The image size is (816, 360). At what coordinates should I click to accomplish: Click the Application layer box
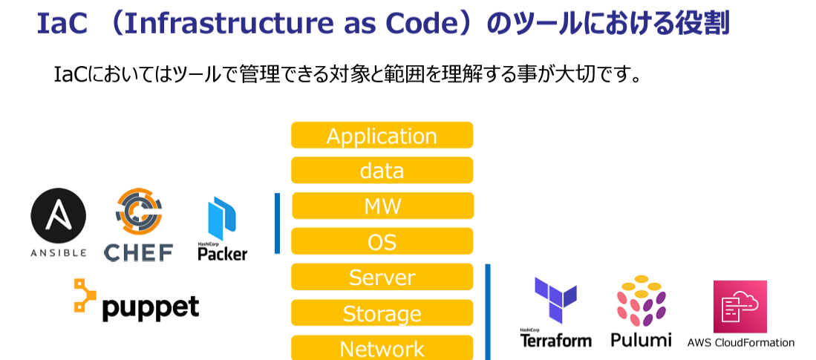382,135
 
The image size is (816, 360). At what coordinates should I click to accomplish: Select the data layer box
382,170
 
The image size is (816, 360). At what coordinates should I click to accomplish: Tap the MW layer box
382,206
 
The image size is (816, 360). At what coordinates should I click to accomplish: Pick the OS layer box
382,241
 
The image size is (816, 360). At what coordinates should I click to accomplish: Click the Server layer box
382,277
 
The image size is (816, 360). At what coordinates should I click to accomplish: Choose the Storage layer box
382,312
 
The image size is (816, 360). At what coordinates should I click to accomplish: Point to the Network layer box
382,347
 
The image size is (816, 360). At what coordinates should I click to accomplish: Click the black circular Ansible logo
58,215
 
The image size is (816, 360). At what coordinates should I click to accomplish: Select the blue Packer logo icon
222,218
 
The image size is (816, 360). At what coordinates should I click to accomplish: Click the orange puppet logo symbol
85,295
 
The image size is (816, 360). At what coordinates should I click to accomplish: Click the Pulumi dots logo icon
642,301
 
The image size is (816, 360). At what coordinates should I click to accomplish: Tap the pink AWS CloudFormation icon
740,307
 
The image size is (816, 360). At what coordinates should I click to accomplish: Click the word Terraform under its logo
556,341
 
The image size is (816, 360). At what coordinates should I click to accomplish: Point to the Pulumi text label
642,340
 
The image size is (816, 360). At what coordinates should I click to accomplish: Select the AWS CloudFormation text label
740,343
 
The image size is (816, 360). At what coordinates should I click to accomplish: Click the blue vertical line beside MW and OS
278,223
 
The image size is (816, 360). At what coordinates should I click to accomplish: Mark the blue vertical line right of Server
488,312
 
